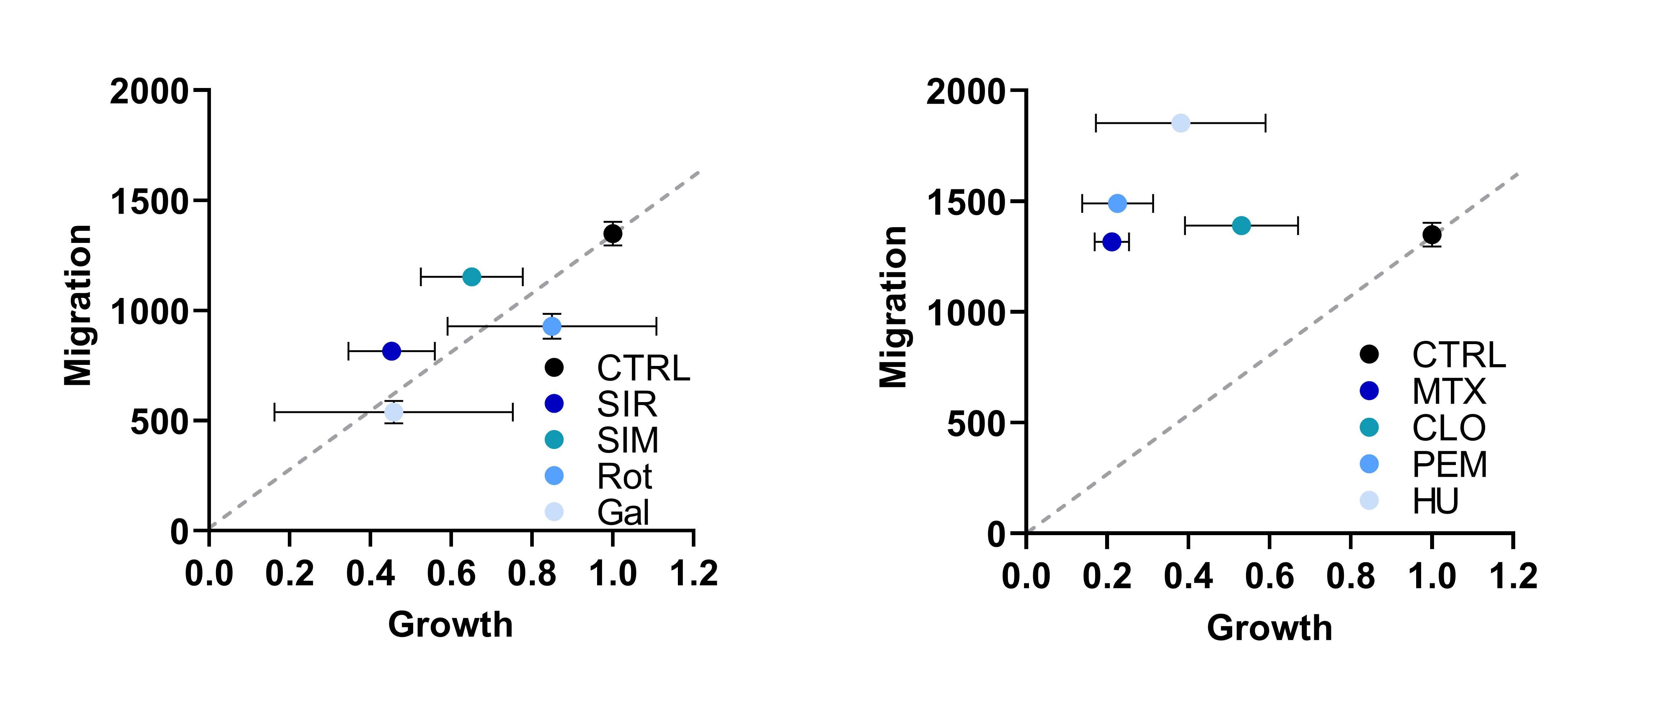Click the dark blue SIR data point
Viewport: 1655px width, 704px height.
pyautogui.click(x=391, y=351)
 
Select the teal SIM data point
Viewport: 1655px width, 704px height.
pyautogui.click(x=472, y=277)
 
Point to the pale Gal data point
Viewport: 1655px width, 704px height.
pyautogui.click(x=393, y=411)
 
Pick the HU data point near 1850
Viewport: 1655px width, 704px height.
pyautogui.click(x=1180, y=123)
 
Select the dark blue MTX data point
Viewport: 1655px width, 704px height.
pyautogui.click(x=1112, y=242)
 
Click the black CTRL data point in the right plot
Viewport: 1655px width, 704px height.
pyautogui.click(x=1432, y=235)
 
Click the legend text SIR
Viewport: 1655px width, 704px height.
pyautogui.click(x=626, y=404)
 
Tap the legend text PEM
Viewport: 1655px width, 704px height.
pyautogui.click(x=1449, y=465)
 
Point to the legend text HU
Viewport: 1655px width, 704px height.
pyautogui.click(x=1435, y=502)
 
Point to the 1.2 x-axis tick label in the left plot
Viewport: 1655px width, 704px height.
pyautogui.click(x=693, y=573)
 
